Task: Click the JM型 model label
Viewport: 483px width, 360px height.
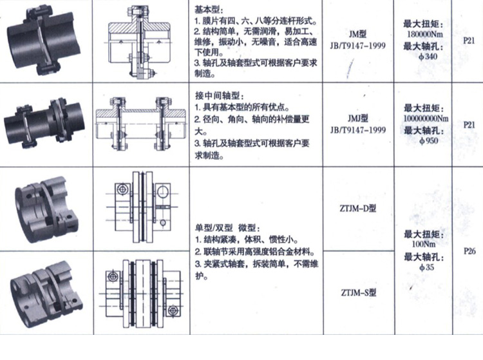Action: pyautogui.click(x=357, y=34)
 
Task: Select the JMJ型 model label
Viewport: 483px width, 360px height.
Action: pyautogui.click(x=358, y=118)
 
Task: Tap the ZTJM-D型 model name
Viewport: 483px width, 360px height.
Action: pyautogui.click(x=358, y=209)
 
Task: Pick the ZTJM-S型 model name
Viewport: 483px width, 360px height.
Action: pyautogui.click(x=359, y=292)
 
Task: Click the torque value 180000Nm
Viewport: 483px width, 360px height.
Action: pyautogui.click(x=425, y=34)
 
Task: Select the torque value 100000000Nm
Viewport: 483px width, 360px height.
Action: pyautogui.click(x=426, y=118)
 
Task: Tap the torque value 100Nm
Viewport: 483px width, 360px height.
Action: pyautogui.click(x=424, y=244)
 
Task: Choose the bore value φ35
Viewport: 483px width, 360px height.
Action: pyautogui.click(x=426, y=267)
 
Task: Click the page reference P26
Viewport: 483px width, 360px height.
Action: pyautogui.click(x=469, y=251)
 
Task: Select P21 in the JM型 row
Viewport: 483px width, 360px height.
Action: pyautogui.click(x=469, y=41)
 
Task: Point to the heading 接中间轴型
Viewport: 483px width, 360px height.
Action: pyautogui.click(x=220, y=95)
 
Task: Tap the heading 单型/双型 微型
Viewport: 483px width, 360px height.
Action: pyautogui.click(x=228, y=228)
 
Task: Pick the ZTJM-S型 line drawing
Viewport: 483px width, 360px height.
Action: pyautogui.click(x=142, y=293)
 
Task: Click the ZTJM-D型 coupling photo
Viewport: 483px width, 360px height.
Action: pyautogui.click(x=45, y=209)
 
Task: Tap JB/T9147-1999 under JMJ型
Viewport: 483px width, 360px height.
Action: pyautogui.click(x=358, y=130)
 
